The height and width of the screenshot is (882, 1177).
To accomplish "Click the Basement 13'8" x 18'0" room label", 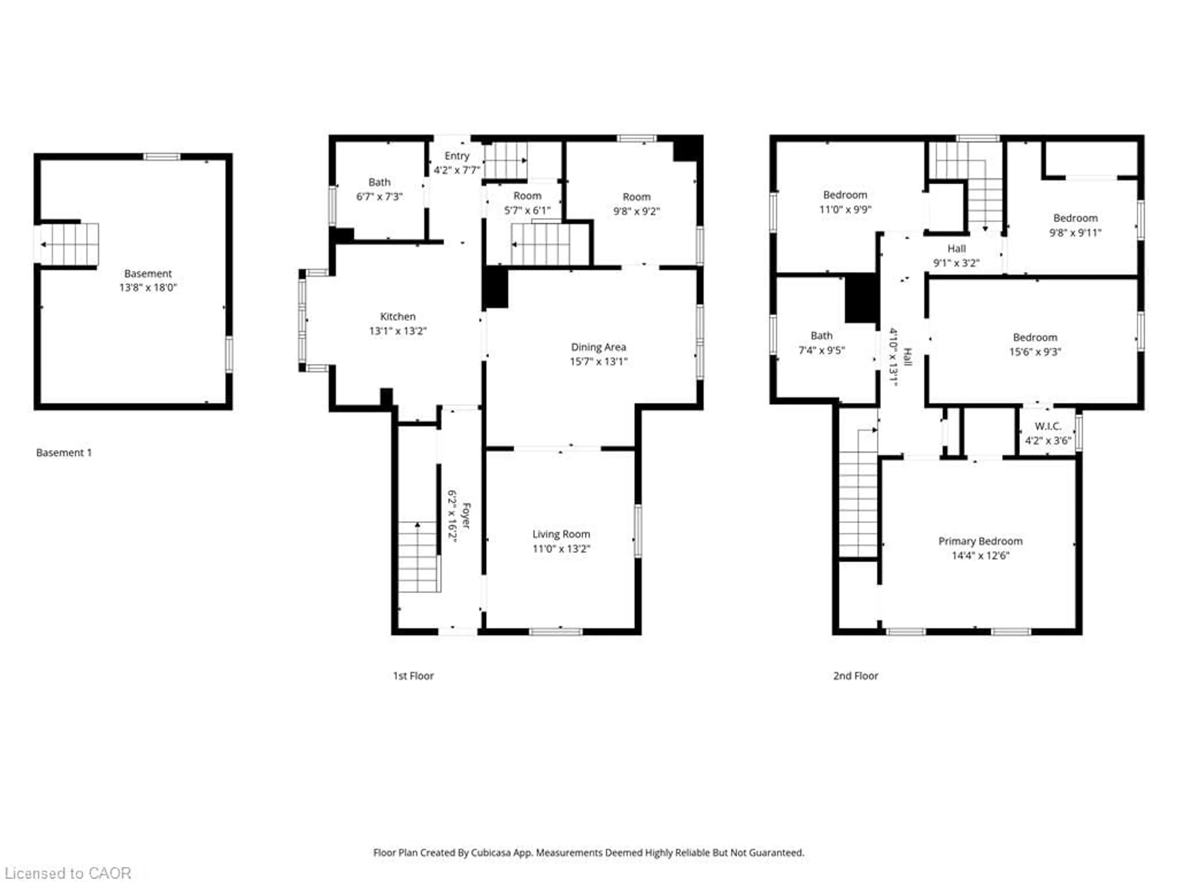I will tap(148, 280).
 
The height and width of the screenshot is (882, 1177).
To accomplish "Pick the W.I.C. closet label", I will tap(1048, 433).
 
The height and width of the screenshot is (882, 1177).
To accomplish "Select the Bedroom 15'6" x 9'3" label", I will tap(1034, 344).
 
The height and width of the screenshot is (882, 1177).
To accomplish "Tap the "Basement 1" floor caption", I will tap(64, 452).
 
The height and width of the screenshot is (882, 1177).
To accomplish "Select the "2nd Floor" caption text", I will tap(855, 676).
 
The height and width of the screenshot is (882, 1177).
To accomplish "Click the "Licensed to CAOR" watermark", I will tap(68, 873).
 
